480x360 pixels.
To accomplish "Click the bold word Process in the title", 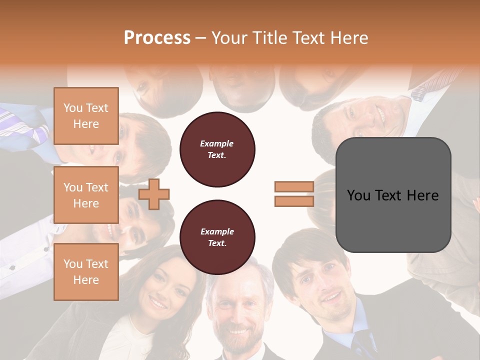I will point(157,38).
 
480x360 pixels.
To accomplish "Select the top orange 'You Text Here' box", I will point(86,116).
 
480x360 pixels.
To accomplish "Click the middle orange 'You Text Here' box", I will point(86,195).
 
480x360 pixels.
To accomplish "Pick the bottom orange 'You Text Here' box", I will point(86,271).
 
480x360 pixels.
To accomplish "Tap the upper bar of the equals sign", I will point(294,186).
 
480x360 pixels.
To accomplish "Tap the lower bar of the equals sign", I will point(294,201).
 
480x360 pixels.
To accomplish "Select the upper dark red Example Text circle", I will point(217,149).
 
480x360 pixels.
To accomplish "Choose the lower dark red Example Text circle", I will point(217,237).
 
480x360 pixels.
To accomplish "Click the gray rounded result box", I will point(393,195).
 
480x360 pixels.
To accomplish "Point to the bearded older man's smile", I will point(238,331).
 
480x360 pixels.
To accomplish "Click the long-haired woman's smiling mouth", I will point(158,303).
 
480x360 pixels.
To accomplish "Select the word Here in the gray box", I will point(422,195).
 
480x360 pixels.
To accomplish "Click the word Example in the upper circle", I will point(217,143).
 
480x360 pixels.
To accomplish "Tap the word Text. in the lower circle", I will point(217,243).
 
